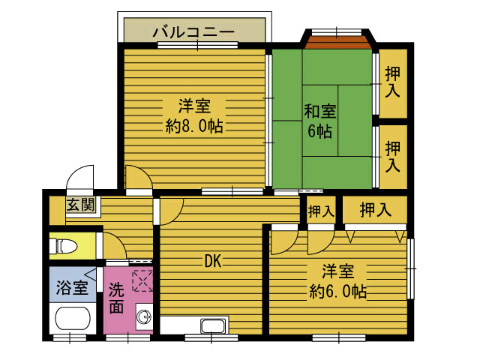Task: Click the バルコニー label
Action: [x=193, y=31]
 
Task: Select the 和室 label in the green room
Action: [x=319, y=112]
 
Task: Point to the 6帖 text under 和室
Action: [x=319, y=131]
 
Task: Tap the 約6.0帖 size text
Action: [x=339, y=291]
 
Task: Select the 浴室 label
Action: [x=72, y=286]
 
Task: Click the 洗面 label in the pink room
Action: [x=116, y=298]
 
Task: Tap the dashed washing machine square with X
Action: [x=142, y=280]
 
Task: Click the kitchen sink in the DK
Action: [x=213, y=326]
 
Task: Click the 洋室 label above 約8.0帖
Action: [x=193, y=104]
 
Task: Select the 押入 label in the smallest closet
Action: [x=321, y=211]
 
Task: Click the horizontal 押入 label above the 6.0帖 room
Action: [x=375, y=210]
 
